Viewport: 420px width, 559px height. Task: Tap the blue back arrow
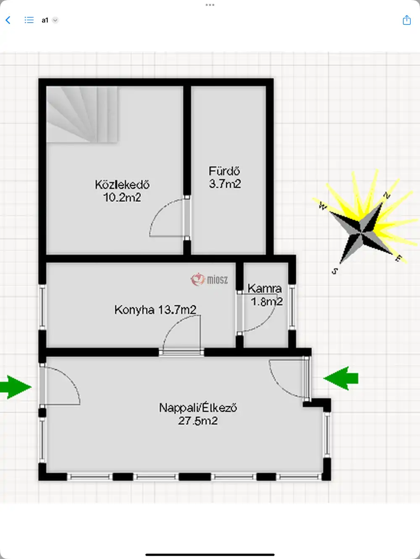[x=8, y=20]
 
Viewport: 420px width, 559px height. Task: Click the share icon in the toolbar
[x=407, y=20]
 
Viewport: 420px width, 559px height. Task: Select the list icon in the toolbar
[x=29, y=20]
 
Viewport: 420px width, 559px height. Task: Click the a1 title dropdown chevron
[x=55, y=21]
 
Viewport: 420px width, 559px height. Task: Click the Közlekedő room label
[x=122, y=185]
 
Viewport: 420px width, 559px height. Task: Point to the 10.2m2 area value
[x=122, y=198]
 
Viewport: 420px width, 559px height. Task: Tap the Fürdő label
[x=224, y=171]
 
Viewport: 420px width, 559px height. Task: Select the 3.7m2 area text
[x=225, y=184]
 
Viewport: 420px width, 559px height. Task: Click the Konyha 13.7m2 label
[x=155, y=309]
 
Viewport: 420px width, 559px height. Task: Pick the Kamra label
[x=265, y=289]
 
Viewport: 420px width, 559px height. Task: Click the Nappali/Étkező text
[x=198, y=408]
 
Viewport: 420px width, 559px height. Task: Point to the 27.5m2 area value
[x=198, y=421]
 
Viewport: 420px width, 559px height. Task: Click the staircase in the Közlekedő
[x=82, y=114]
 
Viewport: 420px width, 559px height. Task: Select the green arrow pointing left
[x=341, y=378]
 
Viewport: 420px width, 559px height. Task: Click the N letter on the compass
[x=387, y=195]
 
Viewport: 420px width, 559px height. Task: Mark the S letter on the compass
[x=335, y=271]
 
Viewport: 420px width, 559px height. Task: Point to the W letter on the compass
[x=323, y=206]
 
